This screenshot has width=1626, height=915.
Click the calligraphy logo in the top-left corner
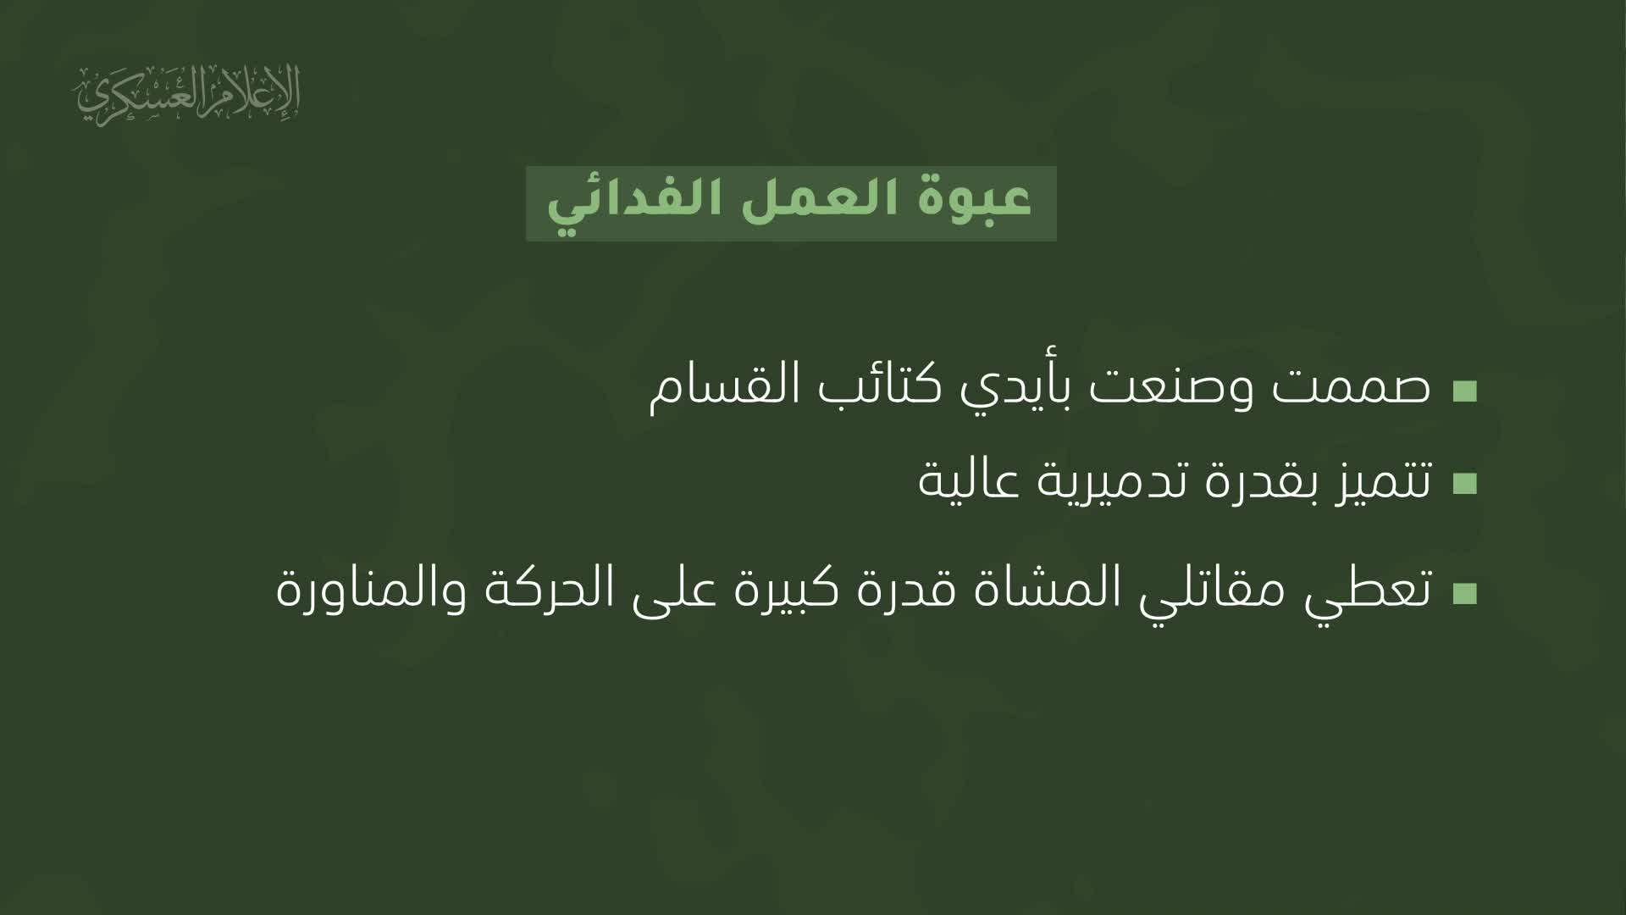coord(188,94)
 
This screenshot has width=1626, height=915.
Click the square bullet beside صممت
coord(1464,391)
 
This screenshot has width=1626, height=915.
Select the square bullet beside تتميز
coord(1464,484)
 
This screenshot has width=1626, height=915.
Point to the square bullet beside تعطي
coord(1464,592)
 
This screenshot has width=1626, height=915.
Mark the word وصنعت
coord(1164,391)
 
